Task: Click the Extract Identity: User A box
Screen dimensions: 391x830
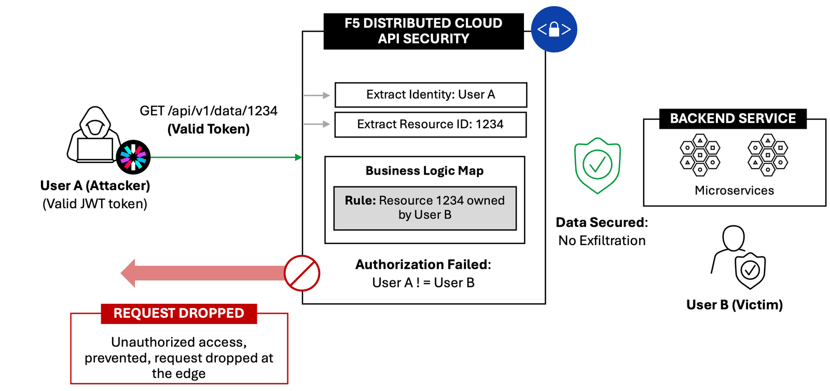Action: click(431, 95)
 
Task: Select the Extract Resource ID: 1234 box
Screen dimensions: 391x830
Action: click(431, 125)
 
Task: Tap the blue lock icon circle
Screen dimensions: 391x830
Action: click(554, 29)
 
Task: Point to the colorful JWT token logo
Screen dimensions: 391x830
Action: click(133, 157)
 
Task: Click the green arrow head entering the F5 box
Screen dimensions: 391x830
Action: click(298, 157)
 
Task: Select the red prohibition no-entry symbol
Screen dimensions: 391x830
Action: click(302, 273)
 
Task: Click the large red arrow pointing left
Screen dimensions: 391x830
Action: click(202, 273)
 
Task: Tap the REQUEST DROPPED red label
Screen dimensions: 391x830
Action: click(178, 314)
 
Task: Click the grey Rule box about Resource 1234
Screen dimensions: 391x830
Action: click(424, 208)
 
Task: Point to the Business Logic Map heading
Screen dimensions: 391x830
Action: click(424, 171)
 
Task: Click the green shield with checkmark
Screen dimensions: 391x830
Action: click(597, 165)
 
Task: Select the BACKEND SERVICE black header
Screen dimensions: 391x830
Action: click(732, 118)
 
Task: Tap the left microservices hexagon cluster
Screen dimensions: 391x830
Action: click(700, 155)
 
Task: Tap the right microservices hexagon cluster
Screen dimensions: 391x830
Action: click(768, 155)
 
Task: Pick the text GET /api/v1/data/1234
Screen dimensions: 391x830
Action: click(209, 111)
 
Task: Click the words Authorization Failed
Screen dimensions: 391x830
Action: click(423, 265)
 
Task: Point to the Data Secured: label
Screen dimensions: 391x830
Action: click(602, 223)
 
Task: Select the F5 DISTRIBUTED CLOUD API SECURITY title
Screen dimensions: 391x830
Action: click(423, 31)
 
